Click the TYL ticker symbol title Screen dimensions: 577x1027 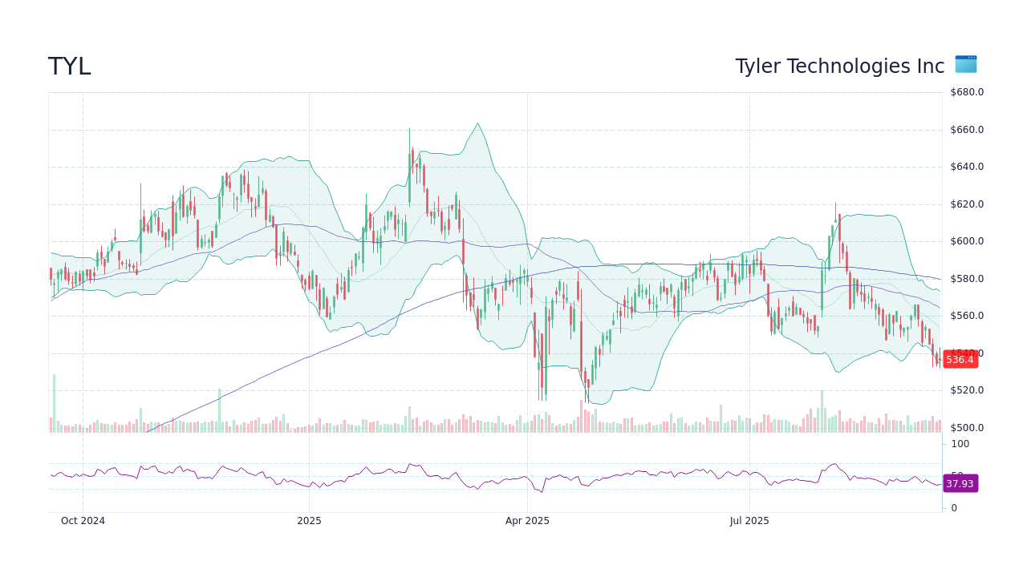(70, 67)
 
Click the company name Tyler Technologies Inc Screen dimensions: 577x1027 (839, 67)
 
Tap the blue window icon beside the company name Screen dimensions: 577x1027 (965, 64)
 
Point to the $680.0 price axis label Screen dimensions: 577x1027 (967, 92)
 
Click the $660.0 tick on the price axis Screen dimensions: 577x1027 (967, 130)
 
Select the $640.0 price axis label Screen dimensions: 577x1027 (967, 167)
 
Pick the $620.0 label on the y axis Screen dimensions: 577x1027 (967, 204)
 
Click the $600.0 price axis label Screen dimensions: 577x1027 (967, 241)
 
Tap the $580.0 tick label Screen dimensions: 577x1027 (967, 279)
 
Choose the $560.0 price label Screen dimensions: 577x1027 (967, 316)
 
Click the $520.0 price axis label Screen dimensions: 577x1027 (967, 390)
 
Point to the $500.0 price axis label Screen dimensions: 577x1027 (967, 428)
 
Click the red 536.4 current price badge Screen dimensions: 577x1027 (960, 359)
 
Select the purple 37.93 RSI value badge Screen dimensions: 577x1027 (960, 483)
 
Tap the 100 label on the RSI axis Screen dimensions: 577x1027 (960, 444)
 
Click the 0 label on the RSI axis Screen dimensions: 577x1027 (954, 508)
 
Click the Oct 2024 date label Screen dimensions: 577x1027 (83, 521)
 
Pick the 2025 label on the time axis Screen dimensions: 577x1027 (309, 521)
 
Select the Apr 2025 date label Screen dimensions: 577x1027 (527, 521)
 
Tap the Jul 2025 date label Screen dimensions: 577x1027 (749, 521)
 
